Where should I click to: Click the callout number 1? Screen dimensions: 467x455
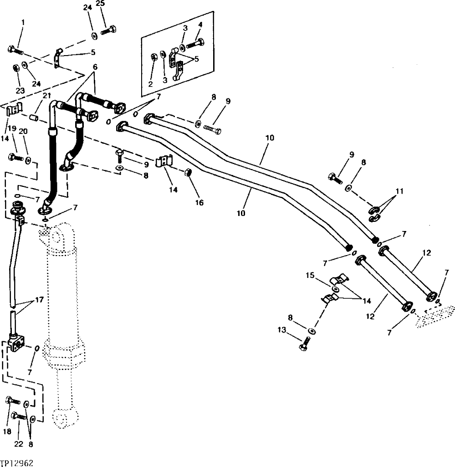point(23,22)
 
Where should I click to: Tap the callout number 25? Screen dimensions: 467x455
point(101,4)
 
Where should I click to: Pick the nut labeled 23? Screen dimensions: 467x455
point(15,67)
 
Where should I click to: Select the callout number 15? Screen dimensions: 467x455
point(310,275)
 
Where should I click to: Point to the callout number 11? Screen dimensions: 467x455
point(399,191)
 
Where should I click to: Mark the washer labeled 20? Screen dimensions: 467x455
point(28,160)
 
